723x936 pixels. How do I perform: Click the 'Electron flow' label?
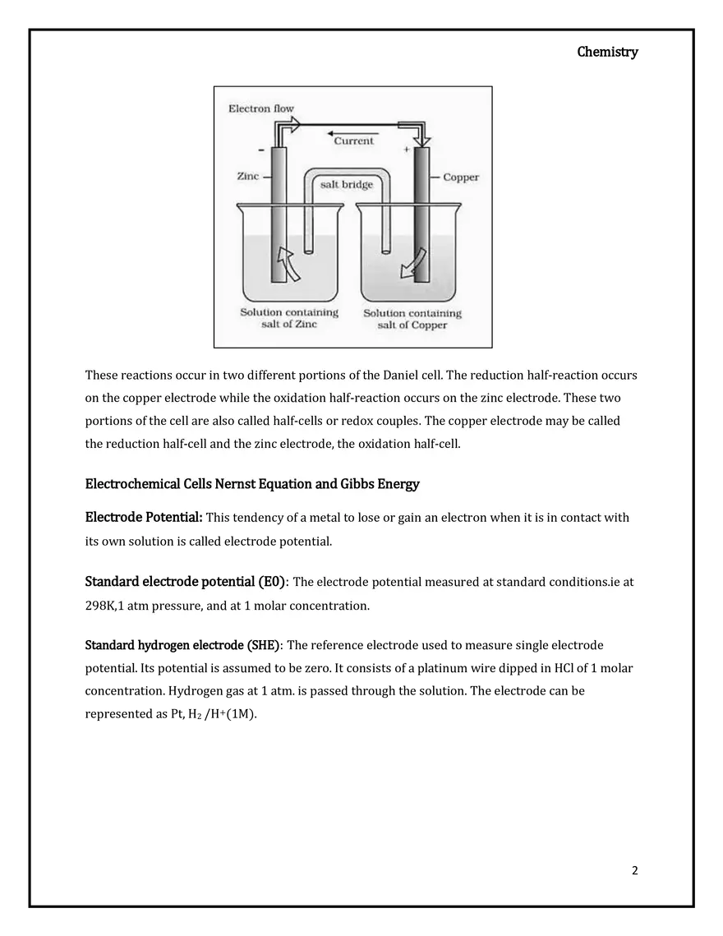(x=260, y=108)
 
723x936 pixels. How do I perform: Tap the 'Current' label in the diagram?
(x=353, y=141)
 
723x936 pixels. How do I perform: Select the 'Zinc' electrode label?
(x=247, y=176)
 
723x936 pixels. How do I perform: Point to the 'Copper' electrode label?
(x=460, y=177)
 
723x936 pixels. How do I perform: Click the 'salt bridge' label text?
(x=346, y=184)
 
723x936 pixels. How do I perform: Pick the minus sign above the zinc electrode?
(x=261, y=150)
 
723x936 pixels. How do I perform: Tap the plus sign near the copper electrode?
(x=406, y=150)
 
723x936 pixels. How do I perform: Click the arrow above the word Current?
(x=353, y=132)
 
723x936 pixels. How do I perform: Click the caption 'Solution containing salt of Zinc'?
(x=289, y=318)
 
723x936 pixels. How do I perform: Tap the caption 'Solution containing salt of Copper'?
(x=412, y=319)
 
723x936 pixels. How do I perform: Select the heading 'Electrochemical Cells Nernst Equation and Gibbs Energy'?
(x=252, y=484)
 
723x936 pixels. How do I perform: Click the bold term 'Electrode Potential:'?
(x=144, y=518)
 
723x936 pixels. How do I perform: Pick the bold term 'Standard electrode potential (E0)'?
(x=186, y=582)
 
